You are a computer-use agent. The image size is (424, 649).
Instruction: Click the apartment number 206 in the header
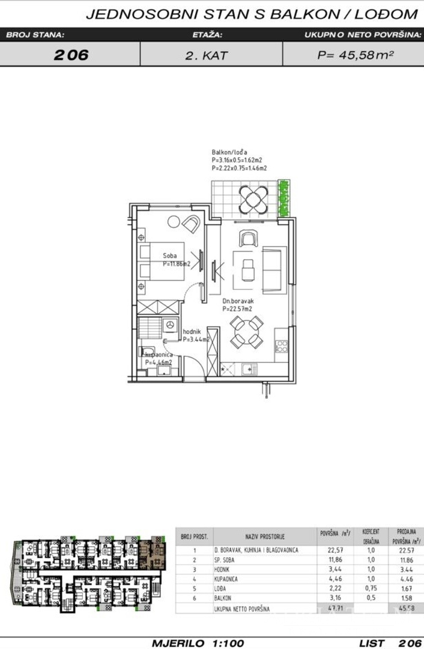[x=71, y=55]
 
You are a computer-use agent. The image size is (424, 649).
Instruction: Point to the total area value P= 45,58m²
[x=355, y=55]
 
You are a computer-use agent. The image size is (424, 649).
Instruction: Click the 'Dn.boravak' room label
[x=235, y=302]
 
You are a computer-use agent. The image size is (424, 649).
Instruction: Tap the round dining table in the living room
[x=247, y=332]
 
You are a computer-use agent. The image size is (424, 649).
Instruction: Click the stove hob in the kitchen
[x=281, y=347]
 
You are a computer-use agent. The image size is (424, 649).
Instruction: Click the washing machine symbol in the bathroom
[x=170, y=325]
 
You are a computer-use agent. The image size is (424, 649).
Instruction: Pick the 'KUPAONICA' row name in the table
[x=229, y=579]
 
